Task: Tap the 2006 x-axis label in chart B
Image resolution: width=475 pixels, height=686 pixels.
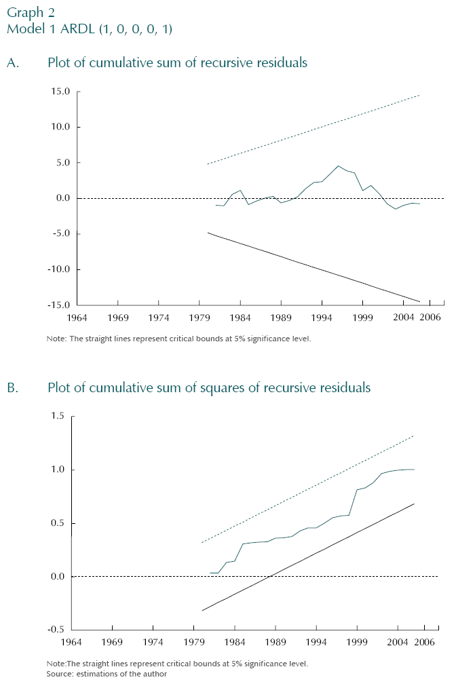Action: tap(425, 643)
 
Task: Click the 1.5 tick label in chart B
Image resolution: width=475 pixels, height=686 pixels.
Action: tap(57, 416)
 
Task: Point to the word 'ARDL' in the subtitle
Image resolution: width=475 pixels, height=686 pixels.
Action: tap(69, 30)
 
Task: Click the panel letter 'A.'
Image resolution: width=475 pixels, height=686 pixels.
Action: tap(13, 63)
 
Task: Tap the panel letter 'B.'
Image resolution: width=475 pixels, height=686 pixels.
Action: tap(13, 388)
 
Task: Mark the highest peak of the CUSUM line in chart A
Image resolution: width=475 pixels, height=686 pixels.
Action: tap(338, 166)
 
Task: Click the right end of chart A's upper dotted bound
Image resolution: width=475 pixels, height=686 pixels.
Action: tap(420, 95)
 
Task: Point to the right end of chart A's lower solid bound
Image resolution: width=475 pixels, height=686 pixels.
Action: tap(420, 301)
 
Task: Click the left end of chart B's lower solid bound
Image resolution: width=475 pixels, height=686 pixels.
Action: tap(202, 611)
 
